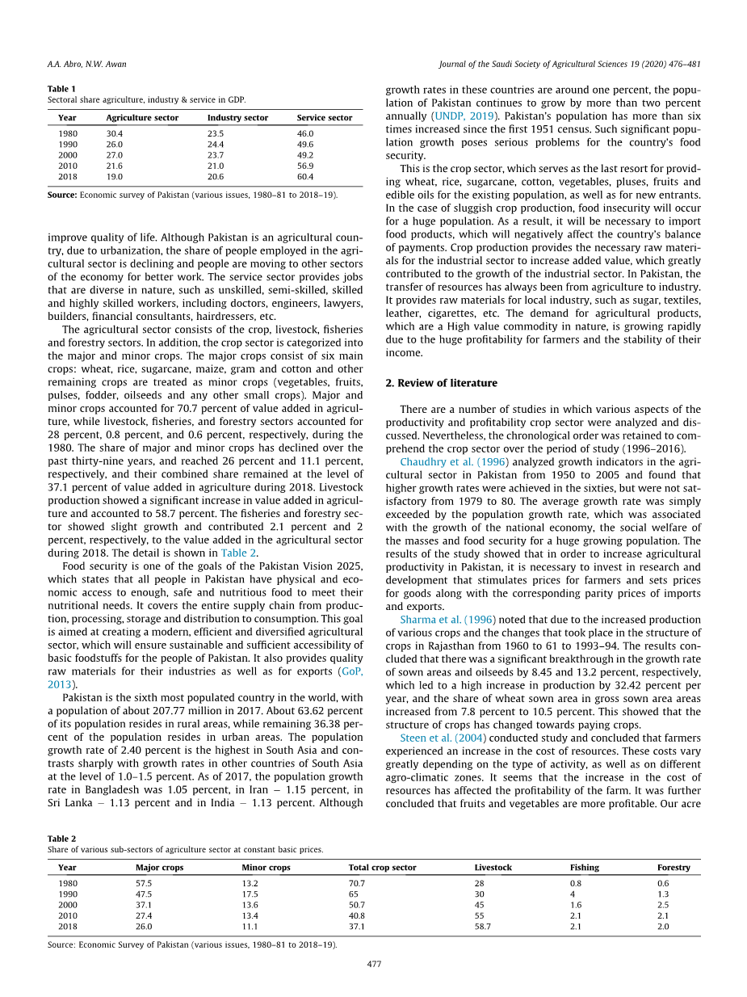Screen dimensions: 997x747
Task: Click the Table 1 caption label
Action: pos(62,88)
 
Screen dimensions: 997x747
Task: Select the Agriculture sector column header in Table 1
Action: pos(142,118)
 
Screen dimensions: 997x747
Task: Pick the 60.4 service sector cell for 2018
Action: pos(305,176)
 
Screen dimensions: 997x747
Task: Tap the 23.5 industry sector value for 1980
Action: pos(215,134)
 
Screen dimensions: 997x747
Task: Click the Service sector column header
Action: pos(325,118)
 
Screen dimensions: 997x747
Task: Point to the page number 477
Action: pos(374,964)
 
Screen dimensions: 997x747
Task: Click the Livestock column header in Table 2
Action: pos(493,868)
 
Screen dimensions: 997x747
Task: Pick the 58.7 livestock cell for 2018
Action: pos(482,927)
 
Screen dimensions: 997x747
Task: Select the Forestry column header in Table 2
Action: pos(674,868)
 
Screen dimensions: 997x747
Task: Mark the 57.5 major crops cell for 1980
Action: pos(144,883)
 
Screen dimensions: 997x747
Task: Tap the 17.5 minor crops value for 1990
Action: pos(250,894)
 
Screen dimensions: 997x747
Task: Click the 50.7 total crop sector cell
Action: pos(357,905)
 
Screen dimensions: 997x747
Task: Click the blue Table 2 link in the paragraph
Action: pos(237,553)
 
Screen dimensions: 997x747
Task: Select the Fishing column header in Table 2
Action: pos(584,868)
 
